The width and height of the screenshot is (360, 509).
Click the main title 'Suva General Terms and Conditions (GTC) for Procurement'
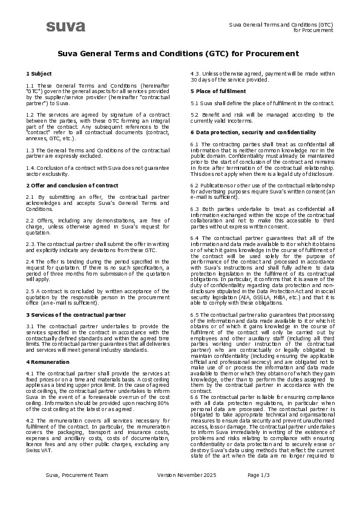click(178, 54)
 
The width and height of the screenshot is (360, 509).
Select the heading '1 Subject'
click(39, 73)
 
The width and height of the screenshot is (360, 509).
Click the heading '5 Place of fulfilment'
click(218, 91)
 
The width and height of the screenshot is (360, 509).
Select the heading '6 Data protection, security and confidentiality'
click(253, 132)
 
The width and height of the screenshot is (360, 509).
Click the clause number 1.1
click(30, 86)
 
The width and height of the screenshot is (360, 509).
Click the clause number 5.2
click(195, 114)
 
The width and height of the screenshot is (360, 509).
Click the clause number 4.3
click(195, 73)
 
